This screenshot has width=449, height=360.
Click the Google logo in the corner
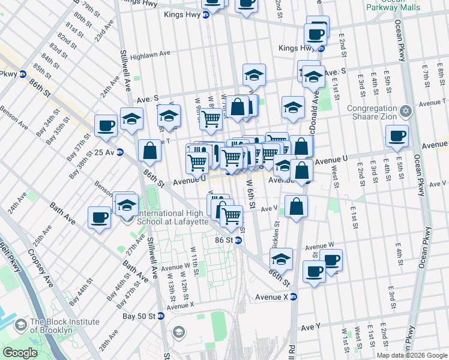tap(21, 353)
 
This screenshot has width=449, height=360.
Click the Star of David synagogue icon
tap(406, 111)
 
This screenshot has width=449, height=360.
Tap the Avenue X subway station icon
tap(294, 296)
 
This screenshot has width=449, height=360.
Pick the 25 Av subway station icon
tap(119, 152)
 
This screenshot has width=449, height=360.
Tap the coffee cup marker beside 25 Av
tap(106, 126)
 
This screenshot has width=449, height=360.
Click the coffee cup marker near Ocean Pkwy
tap(397, 137)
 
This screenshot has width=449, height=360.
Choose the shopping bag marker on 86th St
tap(149, 152)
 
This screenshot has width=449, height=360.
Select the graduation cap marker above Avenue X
tap(281, 260)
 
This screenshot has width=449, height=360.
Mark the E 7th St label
tap(426, 76)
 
